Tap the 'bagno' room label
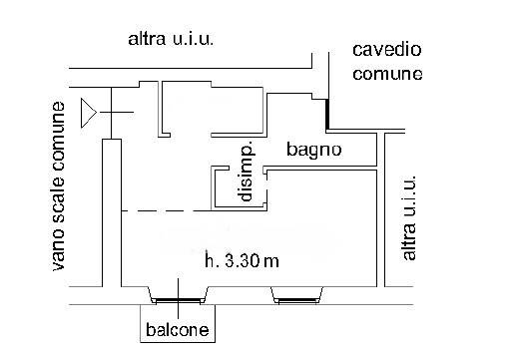[x=314, y=150]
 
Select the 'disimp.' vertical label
[x=246, y=172]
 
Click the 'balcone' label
[x=178, y=329]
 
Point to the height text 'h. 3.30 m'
[x=242, y=260]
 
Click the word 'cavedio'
[x=387, y=50]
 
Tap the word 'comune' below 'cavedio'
[x=387, y=74]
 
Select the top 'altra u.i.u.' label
[x=171, y=39]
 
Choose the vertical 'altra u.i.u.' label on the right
[x=409, y=217]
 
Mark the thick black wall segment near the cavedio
[x=327, y=114]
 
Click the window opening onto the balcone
[x=178, y=300]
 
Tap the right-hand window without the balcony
[x=297, y=300]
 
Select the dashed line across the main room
[x=167, y=210]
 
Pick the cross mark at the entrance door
[x=111, y=113]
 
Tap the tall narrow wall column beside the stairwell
[x=112, y=212]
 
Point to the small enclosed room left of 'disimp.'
[x=188, y=109]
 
